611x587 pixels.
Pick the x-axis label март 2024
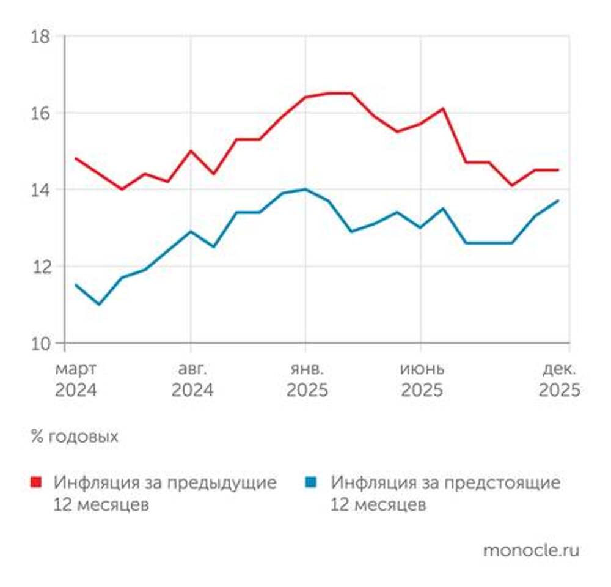point(76,380)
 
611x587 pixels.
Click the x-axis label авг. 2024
point(192,380)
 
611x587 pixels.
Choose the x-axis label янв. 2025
point(307,380)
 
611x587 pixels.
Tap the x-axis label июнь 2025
point(422,380)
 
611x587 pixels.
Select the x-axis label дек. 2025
point(559,380)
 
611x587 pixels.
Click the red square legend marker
point(37,482)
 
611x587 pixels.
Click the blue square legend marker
point(312,482)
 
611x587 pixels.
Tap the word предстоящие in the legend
point(511,482)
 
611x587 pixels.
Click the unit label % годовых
point(74,437)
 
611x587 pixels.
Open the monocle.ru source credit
point(530,550)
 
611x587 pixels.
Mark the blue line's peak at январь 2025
point(305,190)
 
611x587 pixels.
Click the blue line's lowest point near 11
point(99,304)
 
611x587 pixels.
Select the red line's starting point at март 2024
point(76,158)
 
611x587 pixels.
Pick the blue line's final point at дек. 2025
point(558,201)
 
